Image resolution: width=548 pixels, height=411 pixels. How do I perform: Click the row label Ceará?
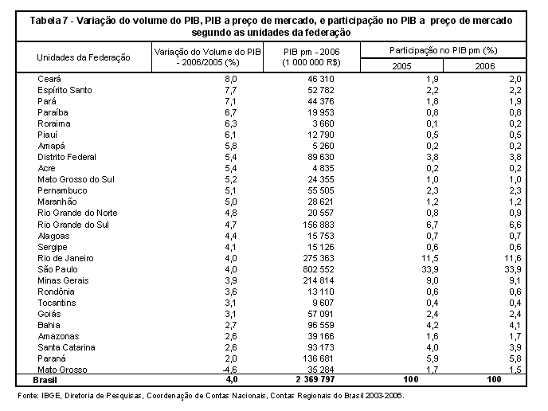(49, 79)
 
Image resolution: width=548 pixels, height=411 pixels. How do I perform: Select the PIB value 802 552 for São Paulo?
(319, 269)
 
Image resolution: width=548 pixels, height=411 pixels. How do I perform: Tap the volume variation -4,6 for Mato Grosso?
(230, 370)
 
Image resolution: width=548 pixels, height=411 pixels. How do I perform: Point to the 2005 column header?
(401, 66)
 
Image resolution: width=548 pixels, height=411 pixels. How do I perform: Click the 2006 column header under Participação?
(485, 66)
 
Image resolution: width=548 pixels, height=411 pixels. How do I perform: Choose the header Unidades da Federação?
(84, 57)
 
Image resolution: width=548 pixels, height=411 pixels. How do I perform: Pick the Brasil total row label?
(45, 380)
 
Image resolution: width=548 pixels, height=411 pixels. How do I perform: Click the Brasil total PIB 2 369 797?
(315, 380)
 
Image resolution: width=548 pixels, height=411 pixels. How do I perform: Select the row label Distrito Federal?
(67, 157)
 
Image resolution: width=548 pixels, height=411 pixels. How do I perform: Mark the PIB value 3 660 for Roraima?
(323, 123)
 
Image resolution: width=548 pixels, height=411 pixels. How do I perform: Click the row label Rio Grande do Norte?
(77, 213)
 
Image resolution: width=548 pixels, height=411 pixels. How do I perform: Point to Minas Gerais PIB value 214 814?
(319, 280)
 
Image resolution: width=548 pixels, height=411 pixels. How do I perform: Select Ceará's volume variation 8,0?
(231, 79)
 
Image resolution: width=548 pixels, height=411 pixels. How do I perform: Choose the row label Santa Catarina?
(66, 347)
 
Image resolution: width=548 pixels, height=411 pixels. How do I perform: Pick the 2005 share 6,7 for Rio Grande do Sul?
(433, 225)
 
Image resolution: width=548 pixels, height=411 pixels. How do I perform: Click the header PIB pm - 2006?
(311, 52)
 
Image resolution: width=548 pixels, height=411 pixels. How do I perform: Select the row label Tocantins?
(57, 303)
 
